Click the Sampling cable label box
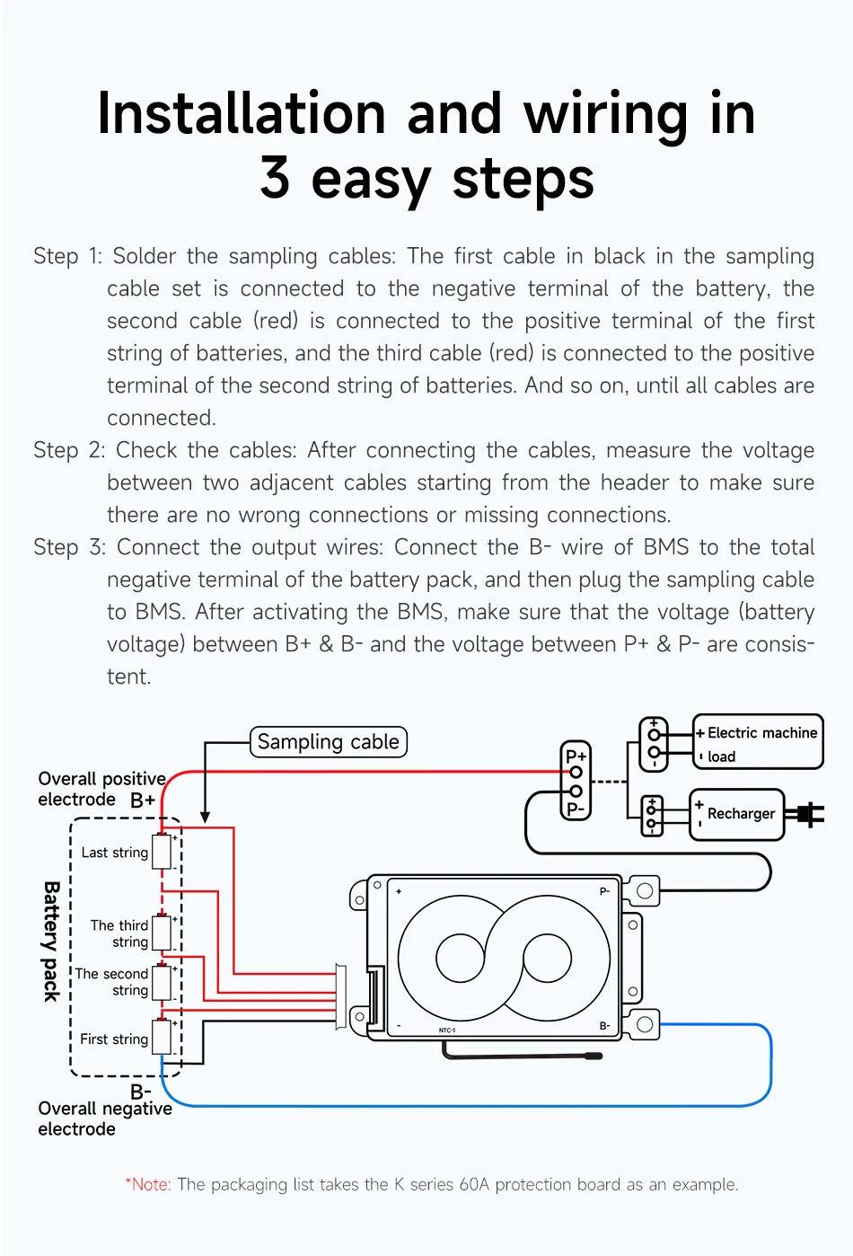(328, 742)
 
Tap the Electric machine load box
(758, 742)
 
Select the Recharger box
(737, 814)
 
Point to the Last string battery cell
(162, 852)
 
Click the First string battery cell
(162, 1038)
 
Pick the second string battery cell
(162, 983)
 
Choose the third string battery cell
(162, 933)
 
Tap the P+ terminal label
(576, 756)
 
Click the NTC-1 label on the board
(447, 1030)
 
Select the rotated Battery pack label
(51, 941)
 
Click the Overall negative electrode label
(104, 1119)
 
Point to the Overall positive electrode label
(101, 789)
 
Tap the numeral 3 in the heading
(274, 178)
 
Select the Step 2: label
(69, 450)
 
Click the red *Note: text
(148, 1184)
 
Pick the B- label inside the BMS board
(605, 1026)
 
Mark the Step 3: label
(69, 547)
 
